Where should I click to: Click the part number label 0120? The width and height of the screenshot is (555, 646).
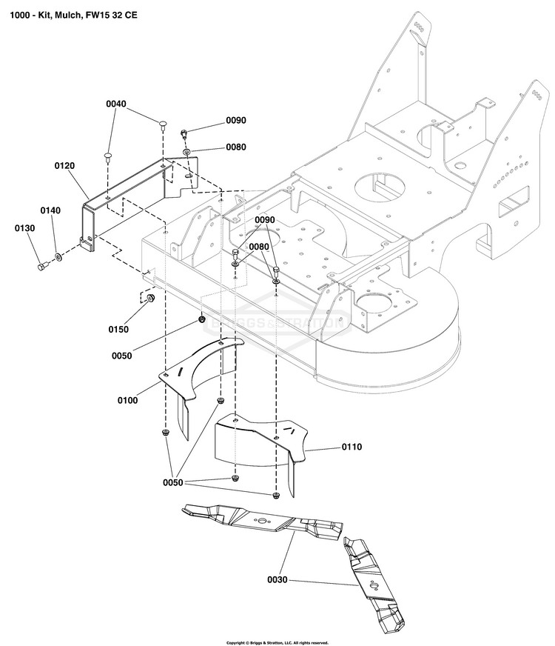click(65, 167)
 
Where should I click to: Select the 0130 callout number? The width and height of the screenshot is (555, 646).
click(24, 228)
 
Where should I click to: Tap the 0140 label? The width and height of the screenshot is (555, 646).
click(50, 211)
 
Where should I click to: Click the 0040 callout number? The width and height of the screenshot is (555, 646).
click(116, 104)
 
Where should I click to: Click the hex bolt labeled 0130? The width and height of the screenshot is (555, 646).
click(40, 264)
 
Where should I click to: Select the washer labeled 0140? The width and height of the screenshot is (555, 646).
click(56, 259)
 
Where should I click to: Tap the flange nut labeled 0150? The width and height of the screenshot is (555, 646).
click(149, 299)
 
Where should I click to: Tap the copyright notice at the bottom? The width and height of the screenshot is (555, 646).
click(277, 642)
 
